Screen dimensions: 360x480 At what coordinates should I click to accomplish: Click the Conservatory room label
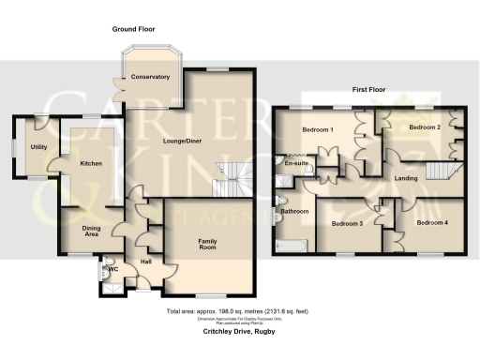pos(150,76)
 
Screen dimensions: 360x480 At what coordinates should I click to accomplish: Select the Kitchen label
pos(91,163)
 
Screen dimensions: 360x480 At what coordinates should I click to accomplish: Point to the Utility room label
pos(38,147)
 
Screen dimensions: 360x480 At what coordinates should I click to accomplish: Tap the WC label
pos(113,271)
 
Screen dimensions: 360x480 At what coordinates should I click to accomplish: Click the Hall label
pos(146,262)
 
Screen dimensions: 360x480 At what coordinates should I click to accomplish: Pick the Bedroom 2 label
pos(424,127)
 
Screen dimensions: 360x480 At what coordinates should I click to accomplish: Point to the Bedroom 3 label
pos(347,223)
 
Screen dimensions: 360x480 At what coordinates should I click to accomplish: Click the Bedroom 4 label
pos(432,222)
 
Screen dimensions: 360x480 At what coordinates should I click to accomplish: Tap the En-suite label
pos(297,164)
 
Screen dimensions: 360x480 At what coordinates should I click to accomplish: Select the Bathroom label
pos(294,212)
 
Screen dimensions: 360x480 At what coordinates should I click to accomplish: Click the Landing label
pos(406,178)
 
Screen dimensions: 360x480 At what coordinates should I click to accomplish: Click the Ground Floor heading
pos(135,29)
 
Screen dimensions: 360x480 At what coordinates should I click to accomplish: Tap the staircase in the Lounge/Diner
pos(229,178)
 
